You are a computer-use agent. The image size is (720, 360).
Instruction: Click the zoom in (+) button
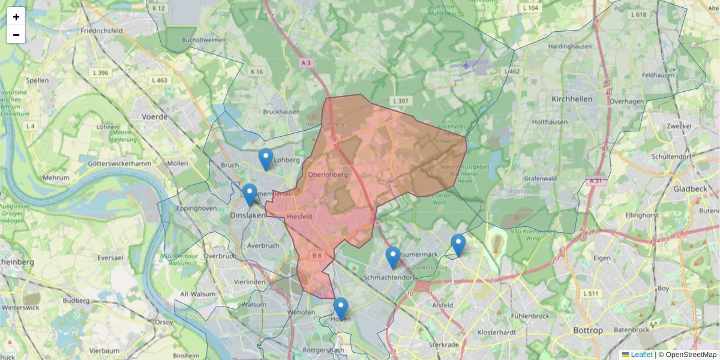[x=16, y=17]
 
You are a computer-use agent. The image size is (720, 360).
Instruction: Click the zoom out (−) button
[x=16, y=35]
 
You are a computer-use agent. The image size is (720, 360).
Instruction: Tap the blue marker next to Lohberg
[x=266, y=159]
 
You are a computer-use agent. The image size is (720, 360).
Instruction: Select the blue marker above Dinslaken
[x=250, y=194]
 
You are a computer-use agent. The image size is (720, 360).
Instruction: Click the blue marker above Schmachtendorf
[x=393, y=257]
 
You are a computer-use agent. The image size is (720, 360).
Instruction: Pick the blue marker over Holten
[x=341, y=308]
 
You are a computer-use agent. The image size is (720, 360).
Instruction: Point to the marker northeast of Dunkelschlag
[x=458, y=245]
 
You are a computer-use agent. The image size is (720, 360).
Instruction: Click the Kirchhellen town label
[x=572, y=98]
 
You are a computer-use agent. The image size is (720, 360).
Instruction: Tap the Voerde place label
[x=154, y=117]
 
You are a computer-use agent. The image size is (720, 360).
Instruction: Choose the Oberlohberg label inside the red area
[x=328, y=175]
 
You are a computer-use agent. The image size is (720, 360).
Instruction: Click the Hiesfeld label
[x=299, y=217]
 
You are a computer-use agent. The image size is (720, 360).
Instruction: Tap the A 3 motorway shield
[x=306, y=62]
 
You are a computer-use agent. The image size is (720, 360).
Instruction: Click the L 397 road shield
[x=400, y=101]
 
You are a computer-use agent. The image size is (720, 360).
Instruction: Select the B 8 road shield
[x=317, y=256]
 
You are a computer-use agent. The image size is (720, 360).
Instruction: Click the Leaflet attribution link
[x=641, y=355]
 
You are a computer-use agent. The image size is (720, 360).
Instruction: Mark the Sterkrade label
[x=443, y=344]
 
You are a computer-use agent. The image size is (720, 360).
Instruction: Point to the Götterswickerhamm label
[x=118, y=163]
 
